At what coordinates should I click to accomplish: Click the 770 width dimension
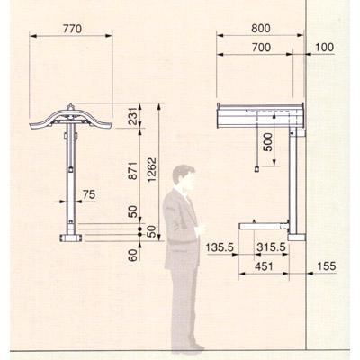pos(71,29)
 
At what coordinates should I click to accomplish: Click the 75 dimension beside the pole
pos(88,193)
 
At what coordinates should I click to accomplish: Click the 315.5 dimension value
pos(271,247)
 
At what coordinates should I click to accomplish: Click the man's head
pos(184,177)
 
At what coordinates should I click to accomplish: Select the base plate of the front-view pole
pos(68,238)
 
